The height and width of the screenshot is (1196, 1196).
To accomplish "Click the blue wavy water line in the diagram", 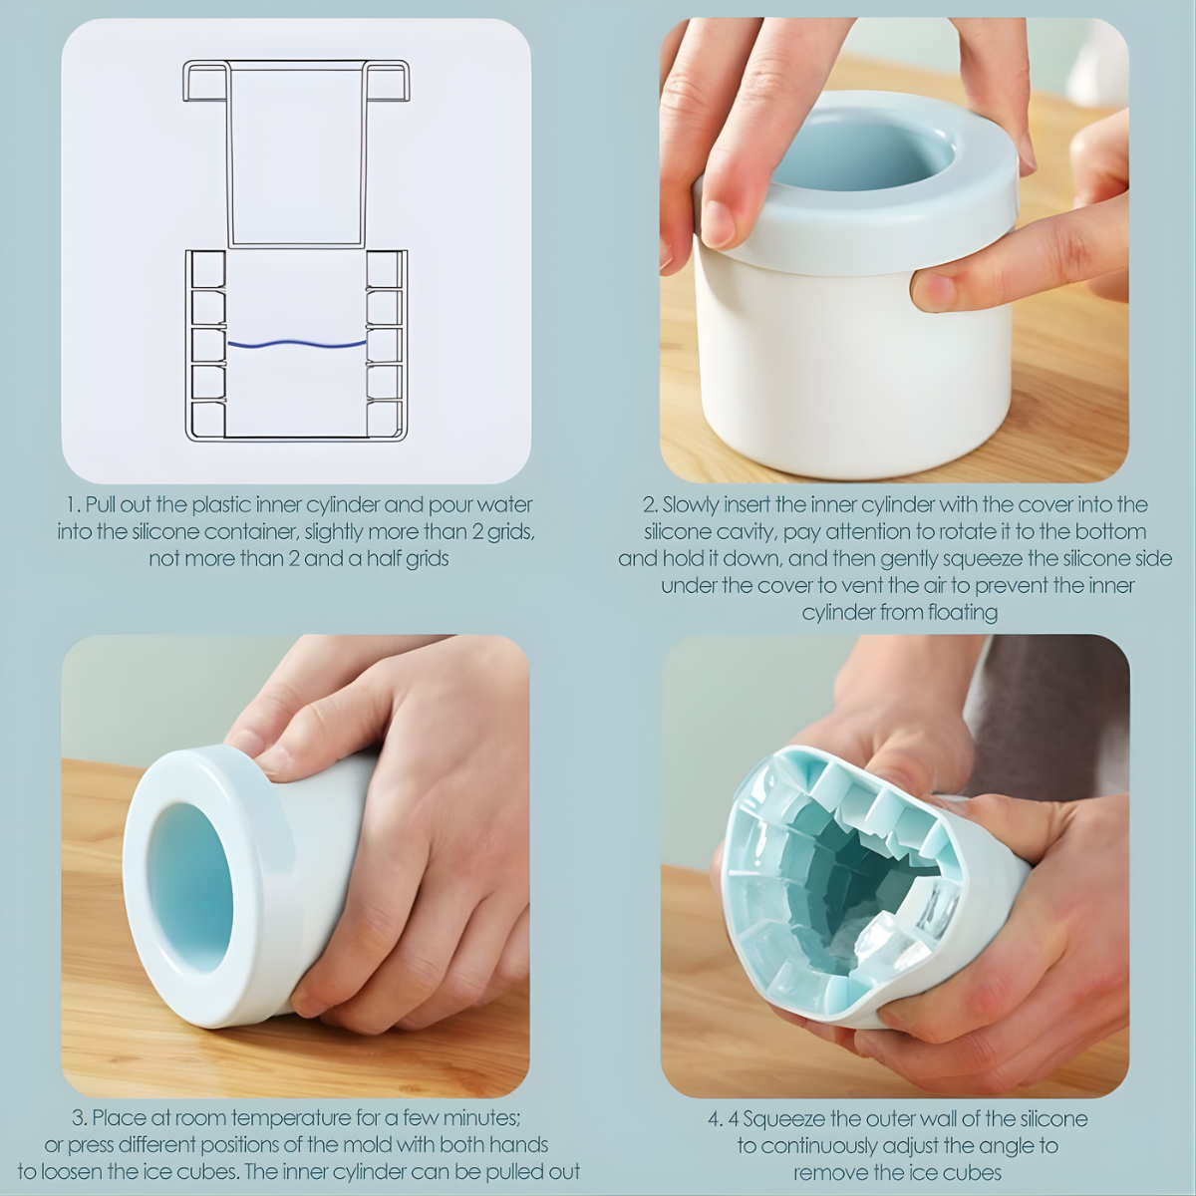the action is pyautogui.click(x=297, y=343).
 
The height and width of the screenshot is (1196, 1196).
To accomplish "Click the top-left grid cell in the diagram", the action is pyautogui.click(x=208, y=270).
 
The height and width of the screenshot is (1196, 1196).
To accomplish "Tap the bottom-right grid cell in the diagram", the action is pyautogui.click(x=384, y=420).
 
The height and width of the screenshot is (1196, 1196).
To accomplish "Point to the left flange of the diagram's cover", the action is pyautogui.click(x=205, y=81).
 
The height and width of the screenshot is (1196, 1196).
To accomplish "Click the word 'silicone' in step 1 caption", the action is pyautogui.click(x=162, y=532).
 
